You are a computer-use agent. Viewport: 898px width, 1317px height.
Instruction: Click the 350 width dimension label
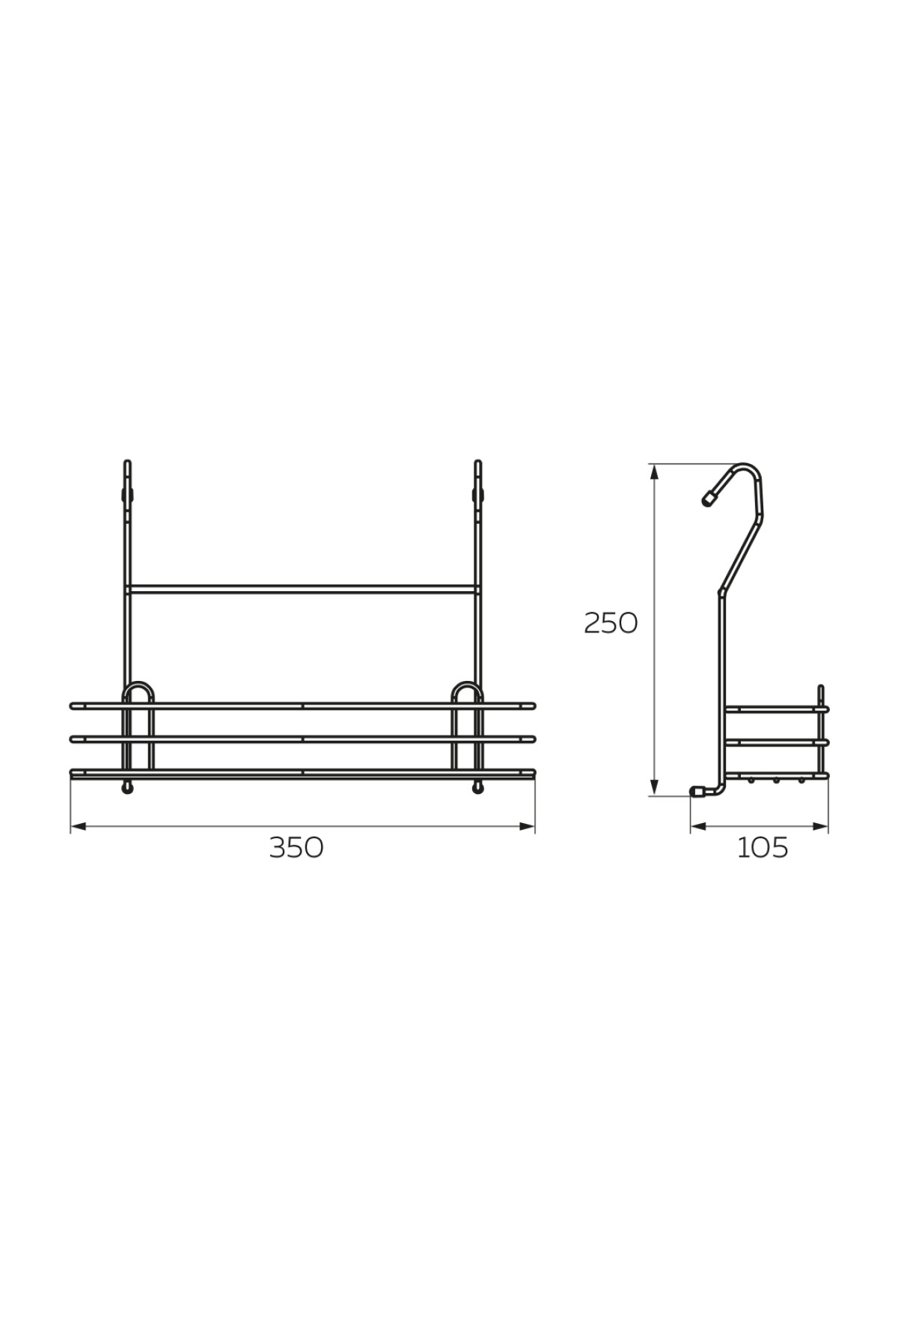(x=296, y=847)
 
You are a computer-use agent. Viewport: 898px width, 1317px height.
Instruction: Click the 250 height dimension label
(x=611, y=623)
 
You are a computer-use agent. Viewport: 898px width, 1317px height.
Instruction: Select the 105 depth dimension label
(x=763, y=848)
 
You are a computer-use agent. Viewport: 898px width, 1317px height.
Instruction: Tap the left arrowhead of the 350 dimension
(x=79, y=826)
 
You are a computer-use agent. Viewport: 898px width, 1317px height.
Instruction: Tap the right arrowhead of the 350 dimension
(x=528, y=826)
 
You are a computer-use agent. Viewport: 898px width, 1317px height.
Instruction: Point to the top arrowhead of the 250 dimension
(x=655, y=471)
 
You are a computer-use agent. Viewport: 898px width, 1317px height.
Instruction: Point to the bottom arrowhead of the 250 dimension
(x=655, y=788)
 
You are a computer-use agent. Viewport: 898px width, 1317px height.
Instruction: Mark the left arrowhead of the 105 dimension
(x=698, y=826)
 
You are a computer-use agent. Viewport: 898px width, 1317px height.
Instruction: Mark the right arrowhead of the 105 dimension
(x=821, y=826)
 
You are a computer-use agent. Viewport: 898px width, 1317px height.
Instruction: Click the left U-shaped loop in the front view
(x=138, y=685)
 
